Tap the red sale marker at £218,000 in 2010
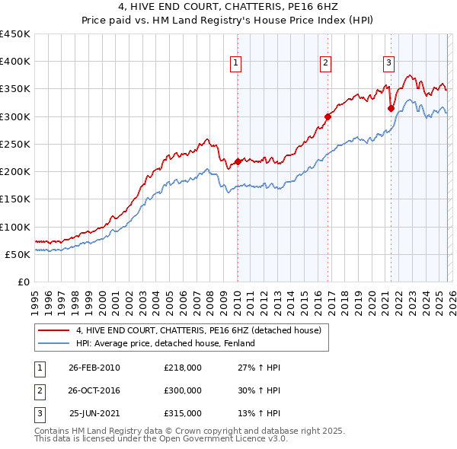238,161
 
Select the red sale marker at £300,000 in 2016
328,116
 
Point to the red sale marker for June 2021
391,108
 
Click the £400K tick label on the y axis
15,62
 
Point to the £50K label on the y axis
18,254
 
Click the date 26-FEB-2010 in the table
94,368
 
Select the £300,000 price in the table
182,390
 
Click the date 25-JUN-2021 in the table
94,413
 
